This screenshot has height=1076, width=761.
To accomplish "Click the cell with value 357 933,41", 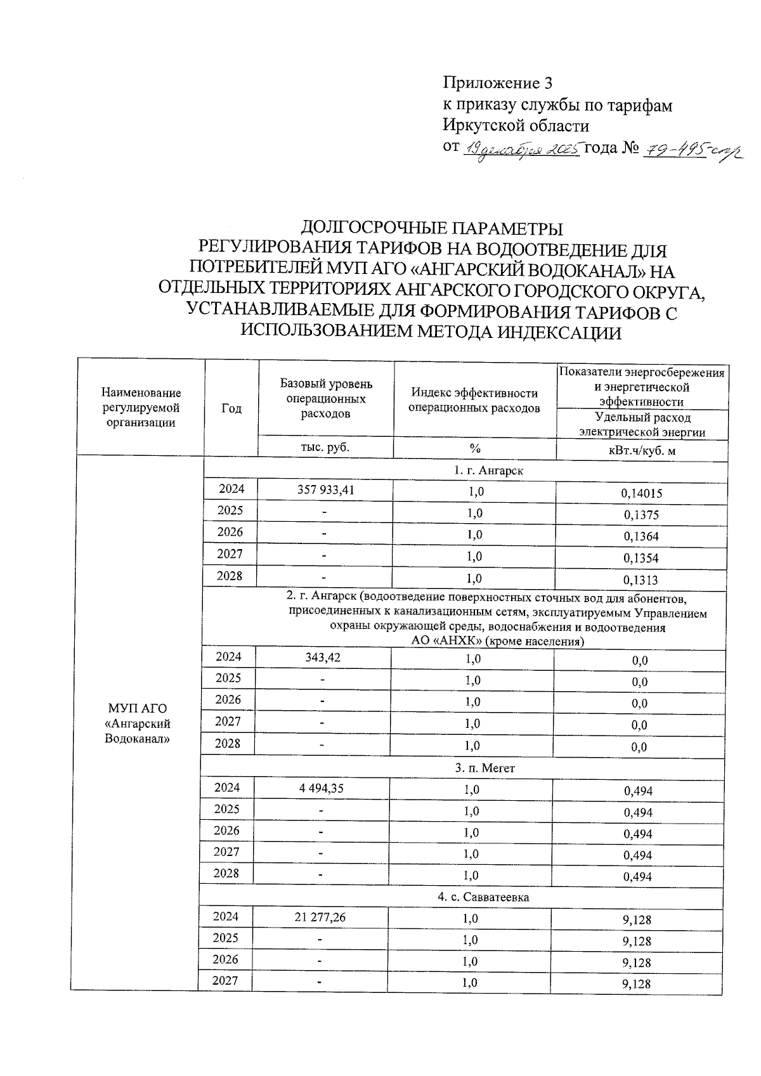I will pyautogui.click(x=325, y=490).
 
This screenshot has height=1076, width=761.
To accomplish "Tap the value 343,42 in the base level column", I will pyautogui.click(x=323, y=658).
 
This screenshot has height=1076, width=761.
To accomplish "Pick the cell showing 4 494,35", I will pyautogui.click(x=322, y=788).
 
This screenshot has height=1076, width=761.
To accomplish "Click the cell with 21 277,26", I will pyautogui.click(x=320, y=917).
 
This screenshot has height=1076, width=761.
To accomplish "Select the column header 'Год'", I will pyautogui.click(x=231, y=409).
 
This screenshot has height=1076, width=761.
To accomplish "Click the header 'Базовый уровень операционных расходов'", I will pyautogui.click(x=326, y=399).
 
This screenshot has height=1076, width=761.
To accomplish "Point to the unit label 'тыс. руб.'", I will pyautogui.click(x=325, y=447).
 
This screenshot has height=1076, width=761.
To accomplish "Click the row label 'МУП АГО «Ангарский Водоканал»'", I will pyautogui.click(x=138, y=723).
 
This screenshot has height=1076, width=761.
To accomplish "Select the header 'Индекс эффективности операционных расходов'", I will pyautogui.click(x=474, y=401).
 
